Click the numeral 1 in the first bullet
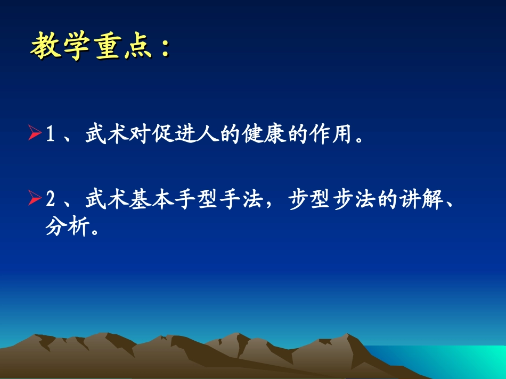click(51, 134)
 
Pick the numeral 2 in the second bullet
click(51, 201)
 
